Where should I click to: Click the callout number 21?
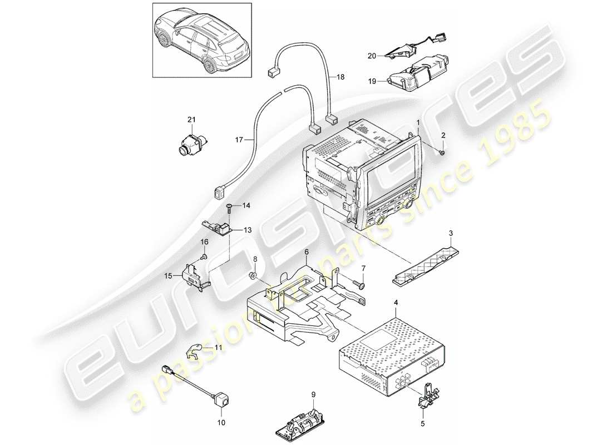(192, 120)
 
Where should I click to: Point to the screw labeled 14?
(229, 208)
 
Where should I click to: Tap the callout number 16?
(204, 242)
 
